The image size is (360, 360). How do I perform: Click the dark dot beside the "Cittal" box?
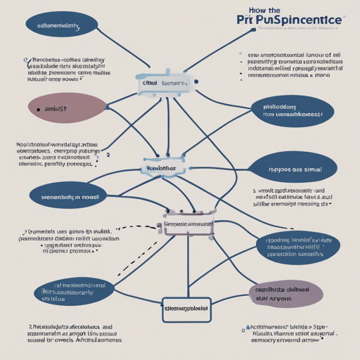[x=196, y=82]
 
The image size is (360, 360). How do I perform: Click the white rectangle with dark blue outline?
[x=186, y=307]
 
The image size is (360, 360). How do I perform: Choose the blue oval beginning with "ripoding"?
[x=298, y=245]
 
